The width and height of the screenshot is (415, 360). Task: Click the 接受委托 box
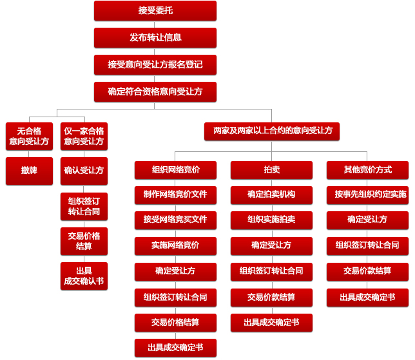pyautogui.click(x=155, y=11)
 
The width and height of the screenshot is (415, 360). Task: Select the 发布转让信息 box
pyautogui.click(x=155, y=38)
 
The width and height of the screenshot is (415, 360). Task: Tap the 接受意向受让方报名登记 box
pyautogui.click(x=155, y=65)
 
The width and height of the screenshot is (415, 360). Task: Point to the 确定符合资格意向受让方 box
pyautogui.click(x=155, y=92)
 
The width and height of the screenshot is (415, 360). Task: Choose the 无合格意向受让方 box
pyautogui.click(x=29, y=137)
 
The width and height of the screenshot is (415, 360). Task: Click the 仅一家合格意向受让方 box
pyautogui.click(x=84, y=137)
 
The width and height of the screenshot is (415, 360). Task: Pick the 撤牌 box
pyautogui.click(x=29, y=171)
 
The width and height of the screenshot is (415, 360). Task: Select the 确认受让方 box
pyautogui.click(x=84, y=171)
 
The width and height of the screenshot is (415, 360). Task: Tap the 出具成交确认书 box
pyautogui.click(x=84, y=276)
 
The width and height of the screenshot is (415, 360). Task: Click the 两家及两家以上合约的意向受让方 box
pyautogui.click(x=272, y=131)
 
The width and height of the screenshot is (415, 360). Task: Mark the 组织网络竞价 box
pyautogui.click(x=175, y=170)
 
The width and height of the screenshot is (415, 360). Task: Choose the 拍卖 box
pyautogui.click(x=271, y=170)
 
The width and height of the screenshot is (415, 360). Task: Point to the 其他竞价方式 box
pyautogui.click(x=367, y=170)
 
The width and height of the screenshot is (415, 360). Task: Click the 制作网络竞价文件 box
pyautogui.click(x=175, y=195)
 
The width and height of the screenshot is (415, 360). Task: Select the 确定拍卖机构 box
pyautogui.click(x=271, y=195)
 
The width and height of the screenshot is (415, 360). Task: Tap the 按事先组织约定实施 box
pyautogui.click(x=367, y=195)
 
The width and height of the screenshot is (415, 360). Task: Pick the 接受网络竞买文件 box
pyautogui.click(x=175, y=220)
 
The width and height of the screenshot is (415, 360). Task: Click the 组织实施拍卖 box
pyautogui.click(x=271, y=220)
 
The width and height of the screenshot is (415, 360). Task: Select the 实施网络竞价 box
pyautogui.click(x=175, y=246)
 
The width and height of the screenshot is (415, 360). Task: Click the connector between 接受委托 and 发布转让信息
pyautogui.click(x=154, y=24)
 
